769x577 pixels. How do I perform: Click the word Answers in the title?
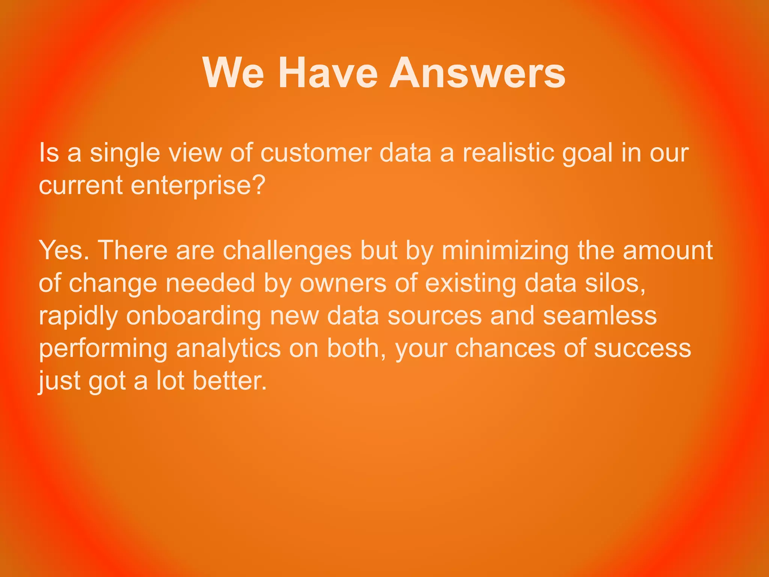click(477, 73)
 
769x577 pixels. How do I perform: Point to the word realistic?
click(508, 153)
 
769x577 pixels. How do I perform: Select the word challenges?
click(287, 251)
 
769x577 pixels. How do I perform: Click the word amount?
click(668, 251)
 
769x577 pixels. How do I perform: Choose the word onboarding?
click(193, 316)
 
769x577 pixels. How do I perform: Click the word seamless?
click(600, 316)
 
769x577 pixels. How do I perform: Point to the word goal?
click(587, 153)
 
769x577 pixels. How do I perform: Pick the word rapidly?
click(78, 316)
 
